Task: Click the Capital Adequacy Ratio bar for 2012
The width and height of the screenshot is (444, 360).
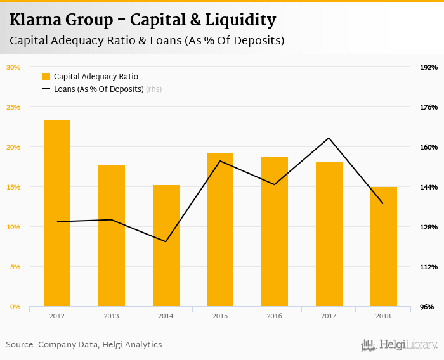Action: pos(57,213)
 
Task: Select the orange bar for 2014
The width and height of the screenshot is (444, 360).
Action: pos(166,246)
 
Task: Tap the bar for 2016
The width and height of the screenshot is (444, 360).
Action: pos(275,231)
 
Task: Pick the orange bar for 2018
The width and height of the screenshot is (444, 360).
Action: pos(383,247)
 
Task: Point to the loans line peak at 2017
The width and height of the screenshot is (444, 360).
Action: pos(329,138)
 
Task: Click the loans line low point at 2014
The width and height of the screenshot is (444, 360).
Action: pos(166,241)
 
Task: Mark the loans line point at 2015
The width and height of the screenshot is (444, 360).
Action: pos(220,161)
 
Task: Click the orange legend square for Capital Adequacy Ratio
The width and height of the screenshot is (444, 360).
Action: pos(46,77)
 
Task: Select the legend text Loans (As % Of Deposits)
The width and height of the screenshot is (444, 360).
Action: pos(98,89)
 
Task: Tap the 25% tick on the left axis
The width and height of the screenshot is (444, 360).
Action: pos(13,107)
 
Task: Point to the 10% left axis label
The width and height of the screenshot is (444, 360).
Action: pos(13,227)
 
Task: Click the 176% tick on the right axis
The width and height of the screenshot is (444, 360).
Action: pos(429,107)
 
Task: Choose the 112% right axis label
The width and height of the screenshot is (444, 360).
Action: pos(429,267)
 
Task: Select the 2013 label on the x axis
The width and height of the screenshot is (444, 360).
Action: pos(111,316)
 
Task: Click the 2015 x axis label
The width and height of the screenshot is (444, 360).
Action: pos(220,316)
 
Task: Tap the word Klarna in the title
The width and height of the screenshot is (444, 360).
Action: pos(37,20)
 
